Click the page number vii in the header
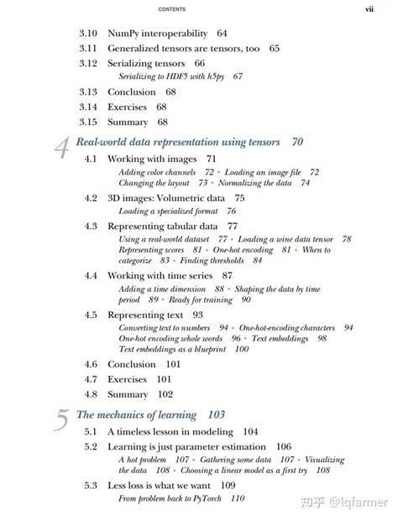click(369, 9)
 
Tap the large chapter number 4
click(62, 148)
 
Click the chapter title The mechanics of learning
click(137, 414)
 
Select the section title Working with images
click(152, 158)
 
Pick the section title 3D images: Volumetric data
click(165, 198)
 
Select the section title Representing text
click(143, 315)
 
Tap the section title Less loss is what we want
click(160, 485)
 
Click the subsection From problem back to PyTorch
click(172, 498)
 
